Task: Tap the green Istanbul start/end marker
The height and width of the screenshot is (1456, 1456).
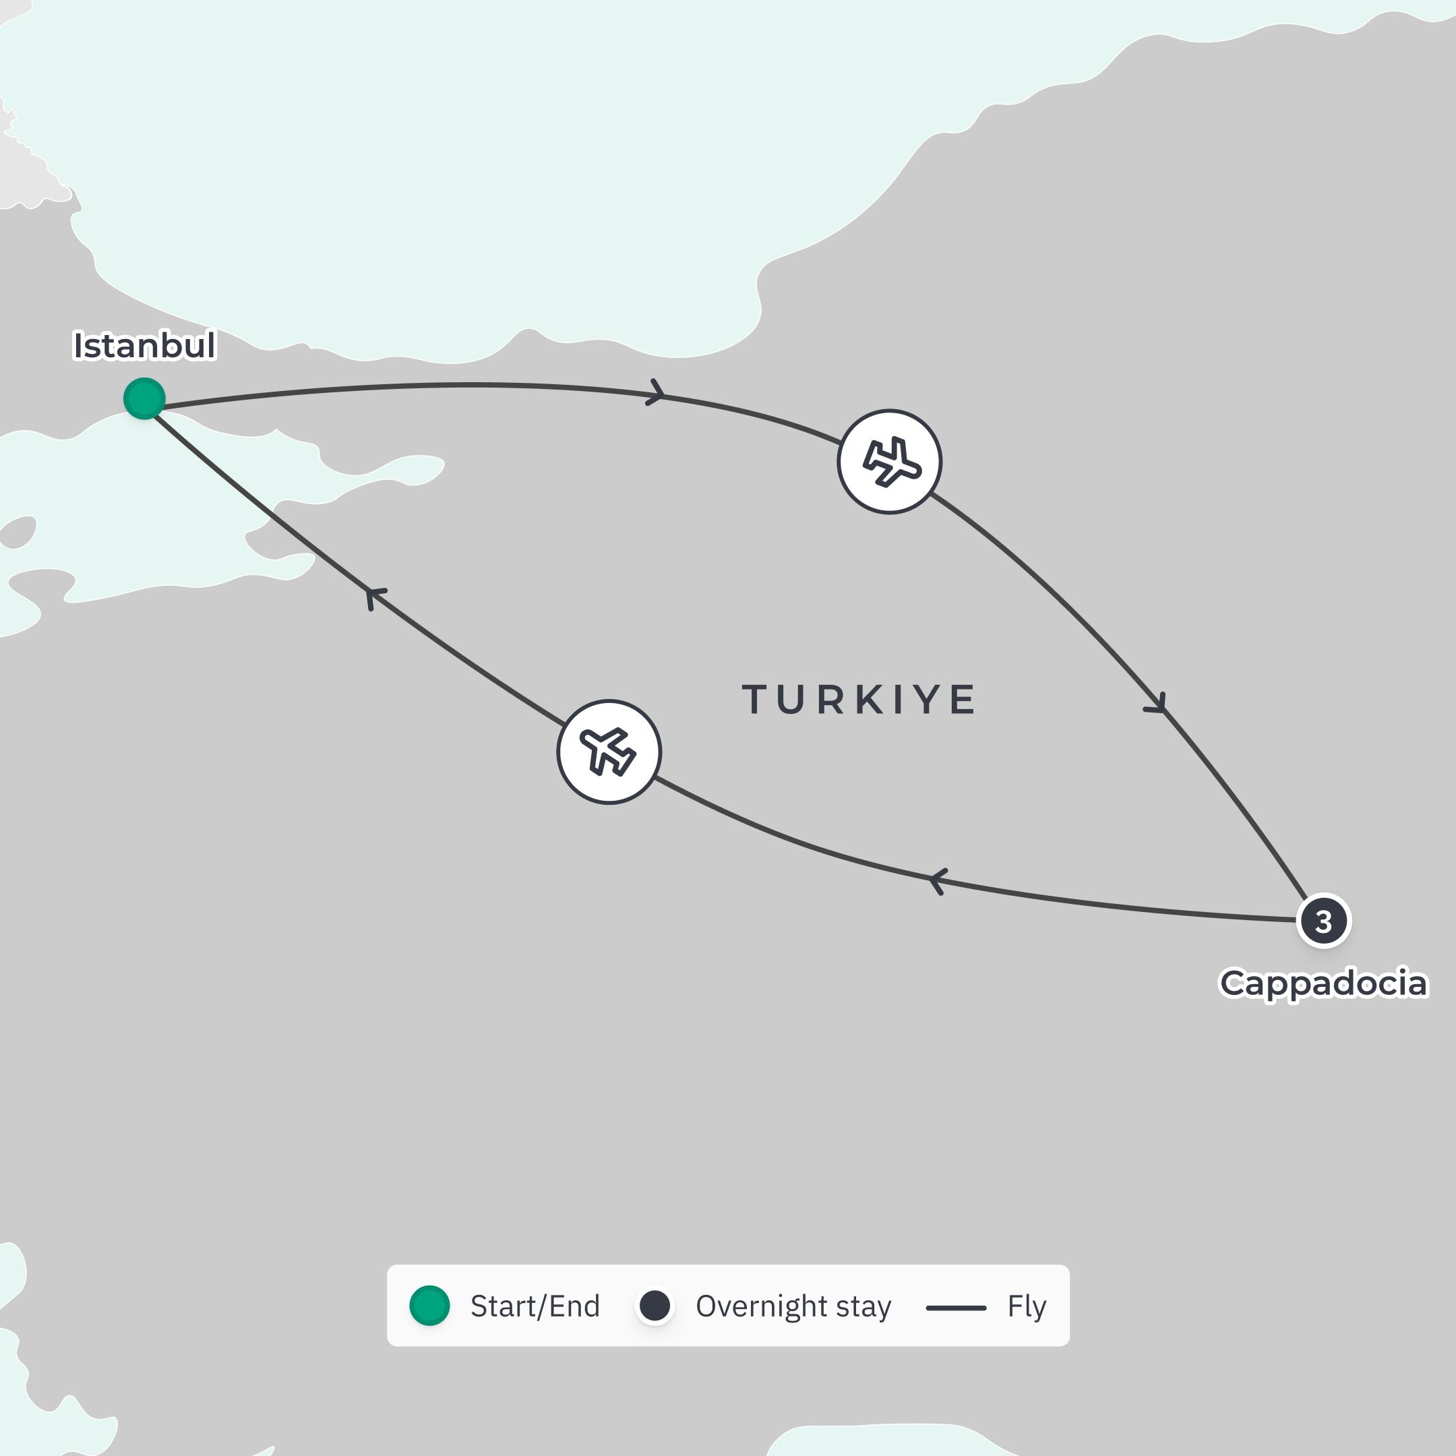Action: (x=144, y=398)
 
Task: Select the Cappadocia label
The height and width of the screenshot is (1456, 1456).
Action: (x=1323, y=983)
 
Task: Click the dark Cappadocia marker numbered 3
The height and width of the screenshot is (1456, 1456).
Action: (x=1323, y=920)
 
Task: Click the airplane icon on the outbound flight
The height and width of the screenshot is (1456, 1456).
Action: (x=889, y=462)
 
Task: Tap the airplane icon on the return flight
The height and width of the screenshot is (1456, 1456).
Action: (x=609, y=752)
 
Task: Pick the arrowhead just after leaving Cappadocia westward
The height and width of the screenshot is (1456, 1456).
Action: (x=938, y=880)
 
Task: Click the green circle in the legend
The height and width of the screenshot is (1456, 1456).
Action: (x=429, y=1306)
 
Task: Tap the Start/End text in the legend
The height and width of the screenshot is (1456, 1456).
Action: (x=535, y=1307)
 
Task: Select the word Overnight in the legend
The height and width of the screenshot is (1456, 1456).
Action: (x=762, y=1307)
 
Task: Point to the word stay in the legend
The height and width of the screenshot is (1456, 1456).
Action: (x=865, y=1307)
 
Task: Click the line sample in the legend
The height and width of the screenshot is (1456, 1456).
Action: (x=956, y=1308)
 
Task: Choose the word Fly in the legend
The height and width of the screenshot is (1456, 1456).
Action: (x=1027, y=1307)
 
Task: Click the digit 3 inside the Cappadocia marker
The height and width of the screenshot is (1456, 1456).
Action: (x=1323, y=921)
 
